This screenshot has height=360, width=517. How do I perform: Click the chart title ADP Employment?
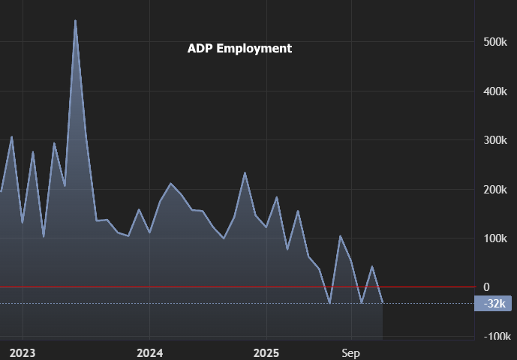pos(239,48)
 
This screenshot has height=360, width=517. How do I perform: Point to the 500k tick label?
pos(496,42)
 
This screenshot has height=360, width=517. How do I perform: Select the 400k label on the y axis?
pos(496,91)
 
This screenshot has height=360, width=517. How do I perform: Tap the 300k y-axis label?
pos(496,140)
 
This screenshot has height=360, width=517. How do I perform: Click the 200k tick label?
pos(496,190)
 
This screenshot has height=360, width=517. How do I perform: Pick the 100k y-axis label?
pos(496,238)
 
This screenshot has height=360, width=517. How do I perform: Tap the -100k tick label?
pos(494,337)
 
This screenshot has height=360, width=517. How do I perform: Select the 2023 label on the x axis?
pos(23,352)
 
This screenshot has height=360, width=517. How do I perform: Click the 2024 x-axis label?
pos(149,352)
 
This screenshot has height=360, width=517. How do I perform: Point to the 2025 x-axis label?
pos(266,352)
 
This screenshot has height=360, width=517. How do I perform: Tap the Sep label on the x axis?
pos(351,352)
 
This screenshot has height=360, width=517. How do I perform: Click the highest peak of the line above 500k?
pos(75,21)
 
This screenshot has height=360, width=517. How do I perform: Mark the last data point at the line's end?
pos(383,302)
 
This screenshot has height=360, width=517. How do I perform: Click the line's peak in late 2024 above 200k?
pos(245,173)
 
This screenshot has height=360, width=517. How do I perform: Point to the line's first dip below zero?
pos(329,303)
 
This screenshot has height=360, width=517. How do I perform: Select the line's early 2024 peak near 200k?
pos(170,184)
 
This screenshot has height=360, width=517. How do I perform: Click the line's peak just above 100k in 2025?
pos(340,236)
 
